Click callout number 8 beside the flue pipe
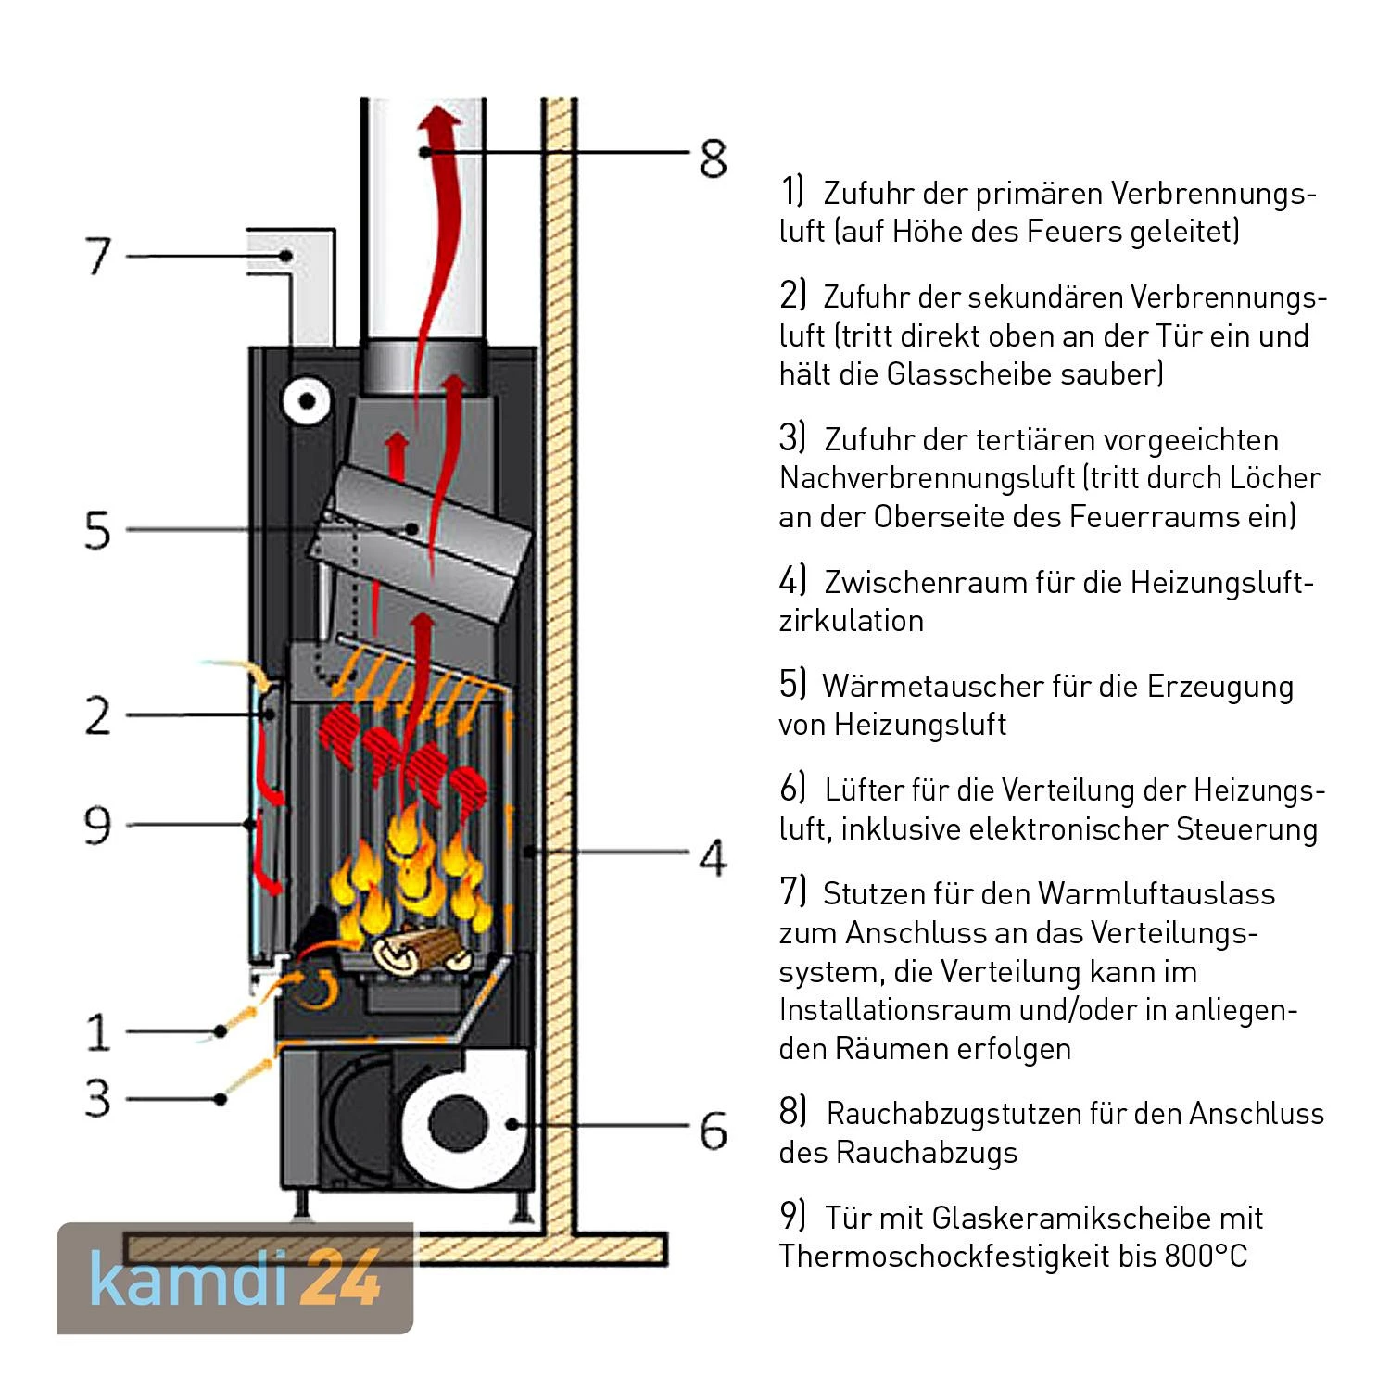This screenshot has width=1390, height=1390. [713, 158]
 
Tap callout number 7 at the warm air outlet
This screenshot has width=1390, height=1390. [99, 256]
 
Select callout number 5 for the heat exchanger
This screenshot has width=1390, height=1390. [97, 530]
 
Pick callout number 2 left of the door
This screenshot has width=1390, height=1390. [97, 715]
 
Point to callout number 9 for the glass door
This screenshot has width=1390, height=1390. [97, 825]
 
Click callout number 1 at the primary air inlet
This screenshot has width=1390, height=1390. [98, 1031]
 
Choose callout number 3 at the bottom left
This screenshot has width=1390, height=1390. [98, 1099]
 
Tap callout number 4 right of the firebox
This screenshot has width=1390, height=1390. [712, 857]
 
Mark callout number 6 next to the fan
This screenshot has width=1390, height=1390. [713, 1131]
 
